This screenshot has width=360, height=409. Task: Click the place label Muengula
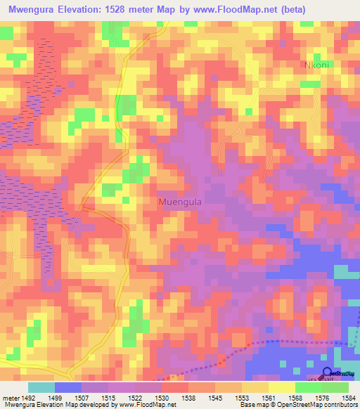tap(182, 200)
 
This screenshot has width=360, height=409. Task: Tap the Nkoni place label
tap(316, 65)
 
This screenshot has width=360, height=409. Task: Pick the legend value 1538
tap(188, 397)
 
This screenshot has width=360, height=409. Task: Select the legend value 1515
tap(108, 397)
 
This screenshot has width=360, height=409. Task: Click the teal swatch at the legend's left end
tap(41, 387)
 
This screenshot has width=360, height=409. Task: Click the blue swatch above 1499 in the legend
tap(68, 387)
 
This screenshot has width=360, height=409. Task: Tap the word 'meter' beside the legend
tap(9, 397)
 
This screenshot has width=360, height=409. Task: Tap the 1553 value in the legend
tap(241, 397)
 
